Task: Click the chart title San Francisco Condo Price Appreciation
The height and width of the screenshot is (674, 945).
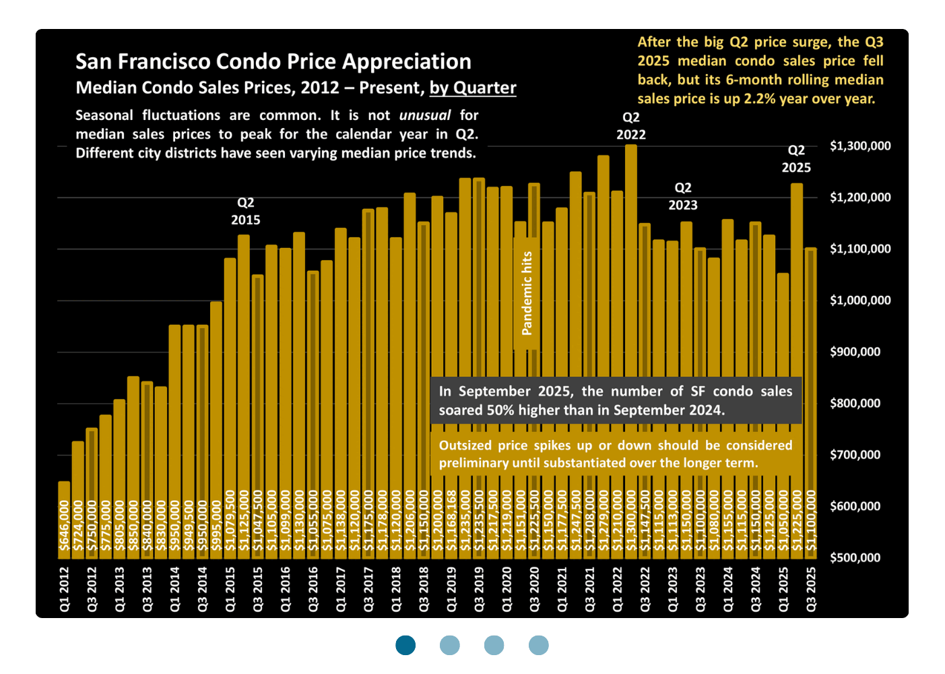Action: (x=273, y=61)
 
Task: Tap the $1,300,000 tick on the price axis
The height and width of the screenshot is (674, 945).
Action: (x=860, y=146)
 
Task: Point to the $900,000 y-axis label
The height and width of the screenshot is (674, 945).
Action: (x=855, y=352)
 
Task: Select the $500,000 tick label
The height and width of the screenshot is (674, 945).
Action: (x=855, y=558)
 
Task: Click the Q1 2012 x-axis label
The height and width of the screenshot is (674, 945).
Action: (x=65, y=589)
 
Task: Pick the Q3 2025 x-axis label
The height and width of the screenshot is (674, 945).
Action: (x=811, y=589)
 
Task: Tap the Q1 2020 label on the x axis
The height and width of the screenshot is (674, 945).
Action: (x=507, y=589)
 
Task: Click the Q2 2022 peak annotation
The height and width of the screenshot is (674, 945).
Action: (x=631, y=126)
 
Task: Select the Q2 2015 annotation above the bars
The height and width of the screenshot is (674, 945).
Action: (x=246, y=211)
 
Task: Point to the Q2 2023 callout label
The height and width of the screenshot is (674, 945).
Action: (x=683, y=196)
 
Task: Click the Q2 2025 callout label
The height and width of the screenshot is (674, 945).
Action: (x=796, y=158)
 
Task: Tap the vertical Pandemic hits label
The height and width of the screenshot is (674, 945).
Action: (x=527, y=293)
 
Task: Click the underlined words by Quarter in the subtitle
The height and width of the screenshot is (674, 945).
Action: (x=473, y=88)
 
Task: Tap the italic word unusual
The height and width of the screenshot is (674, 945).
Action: (x=425, y=115)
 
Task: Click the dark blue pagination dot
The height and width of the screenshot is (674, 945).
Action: (x=405, y=645)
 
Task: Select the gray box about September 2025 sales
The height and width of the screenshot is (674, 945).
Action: (x=616, y=400)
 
